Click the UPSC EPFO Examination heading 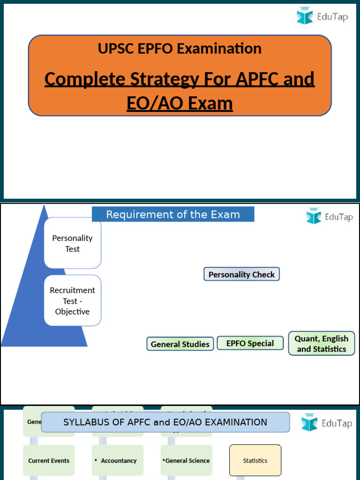tap(180, 48)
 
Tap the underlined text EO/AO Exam tap(180, 103)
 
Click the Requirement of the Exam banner tap(173, 215)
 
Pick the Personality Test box tap(73, 243)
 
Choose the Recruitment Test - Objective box tap(73, 300)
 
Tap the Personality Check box tap(241, 274)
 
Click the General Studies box tap(180, 344)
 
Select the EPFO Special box tap(250, 343)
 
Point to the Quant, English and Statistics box tap(322, 344)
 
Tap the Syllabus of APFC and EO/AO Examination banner tap(165, 422)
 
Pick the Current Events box tap(49, 460)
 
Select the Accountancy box tap(118, 460)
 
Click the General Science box tap(187, 460)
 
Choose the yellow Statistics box tap(255, 460)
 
